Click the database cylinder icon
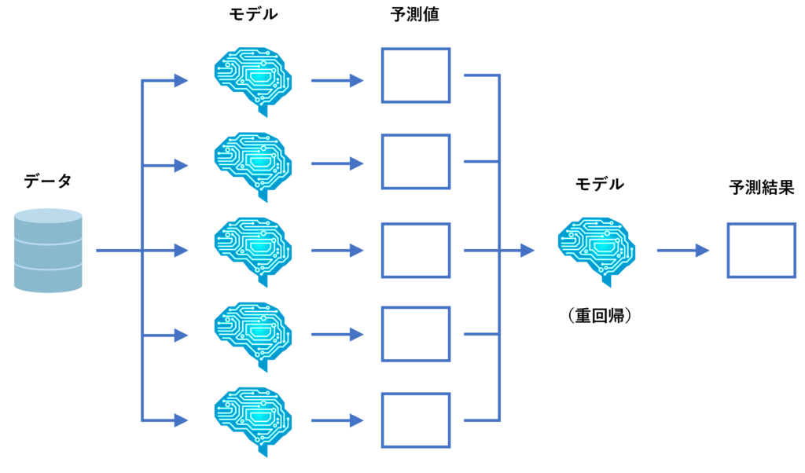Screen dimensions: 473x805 click(48, 251)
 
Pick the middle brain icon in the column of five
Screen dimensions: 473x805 click(252, 250)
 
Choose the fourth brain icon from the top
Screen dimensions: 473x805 click(252, 335)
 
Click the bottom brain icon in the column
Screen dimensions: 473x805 click(252, 420)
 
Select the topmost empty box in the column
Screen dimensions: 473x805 click(416, 75)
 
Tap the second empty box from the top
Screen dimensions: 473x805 click(416, 162)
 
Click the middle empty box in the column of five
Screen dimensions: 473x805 click(416, 250)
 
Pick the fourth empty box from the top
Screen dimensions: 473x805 click(416, 335)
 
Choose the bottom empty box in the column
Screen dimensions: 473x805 click(416, 420)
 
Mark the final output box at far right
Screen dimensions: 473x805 click(762, 250)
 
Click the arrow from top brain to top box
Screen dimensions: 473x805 click(337, 80)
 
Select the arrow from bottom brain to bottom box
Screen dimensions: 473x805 click(337, 421)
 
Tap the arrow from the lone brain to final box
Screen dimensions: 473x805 click(683, 251)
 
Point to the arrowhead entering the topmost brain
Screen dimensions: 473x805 click(181, 80)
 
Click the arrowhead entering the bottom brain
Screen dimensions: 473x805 click(181, 420)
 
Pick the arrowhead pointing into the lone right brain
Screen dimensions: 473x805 click(527, 251)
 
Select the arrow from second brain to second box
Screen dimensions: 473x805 click(337, 164)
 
